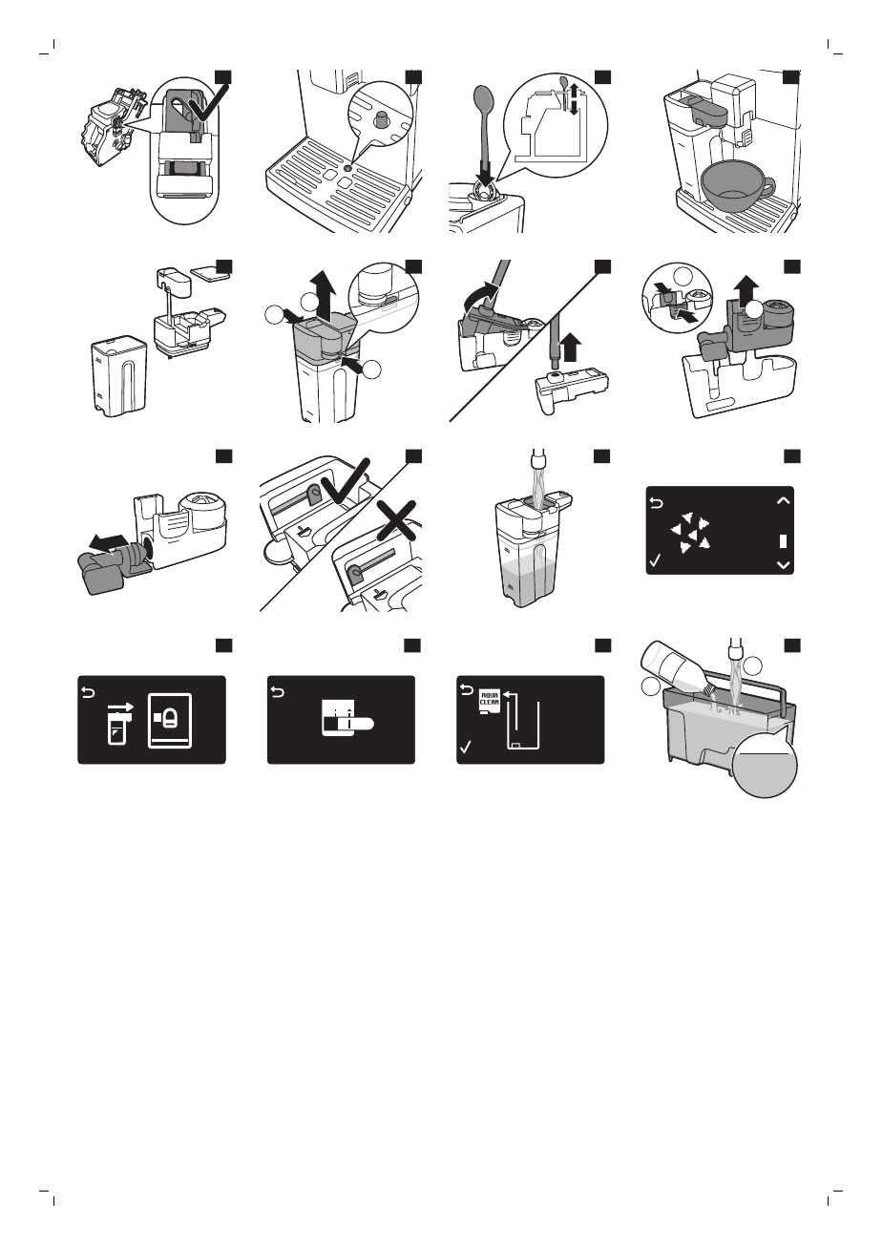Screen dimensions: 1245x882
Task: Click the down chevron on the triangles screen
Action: tap(783, 565)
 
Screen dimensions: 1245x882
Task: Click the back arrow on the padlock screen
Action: tap(89, 692)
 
